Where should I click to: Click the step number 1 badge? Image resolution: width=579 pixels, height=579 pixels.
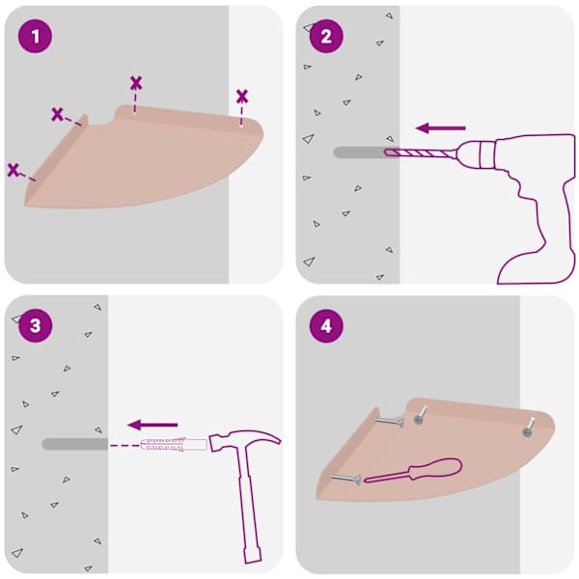[x=35, y=37]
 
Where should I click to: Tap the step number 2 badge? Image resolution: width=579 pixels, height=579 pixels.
[x=326, y=37]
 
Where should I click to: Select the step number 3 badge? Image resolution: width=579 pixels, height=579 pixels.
[x=35, y=325]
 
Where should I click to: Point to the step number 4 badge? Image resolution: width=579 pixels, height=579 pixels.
[x=326, y=326]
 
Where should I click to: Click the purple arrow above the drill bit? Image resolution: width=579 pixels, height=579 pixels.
[x=441, y=128]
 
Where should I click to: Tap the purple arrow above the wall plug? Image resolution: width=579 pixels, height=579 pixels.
[x=152, y=425]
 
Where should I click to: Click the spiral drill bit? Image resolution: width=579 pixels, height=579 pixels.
[x=420, y=152]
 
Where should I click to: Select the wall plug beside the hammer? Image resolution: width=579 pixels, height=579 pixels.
[x=173, y=444]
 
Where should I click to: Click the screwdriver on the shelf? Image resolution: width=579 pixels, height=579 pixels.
[x=414, y=471]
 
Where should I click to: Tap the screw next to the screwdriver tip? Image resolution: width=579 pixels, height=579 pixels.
[x=345, y=479]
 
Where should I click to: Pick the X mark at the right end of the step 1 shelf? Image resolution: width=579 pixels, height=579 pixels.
[x=242, y=96]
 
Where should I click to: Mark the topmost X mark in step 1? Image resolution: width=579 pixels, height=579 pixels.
[x=136, y=83]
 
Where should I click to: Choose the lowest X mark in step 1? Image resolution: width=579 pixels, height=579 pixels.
[x=14, y=170]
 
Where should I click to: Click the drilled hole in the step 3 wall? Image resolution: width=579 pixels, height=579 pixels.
[x=75, y=444]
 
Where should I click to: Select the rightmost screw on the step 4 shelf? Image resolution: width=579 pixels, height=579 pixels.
[x=529, y=427]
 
